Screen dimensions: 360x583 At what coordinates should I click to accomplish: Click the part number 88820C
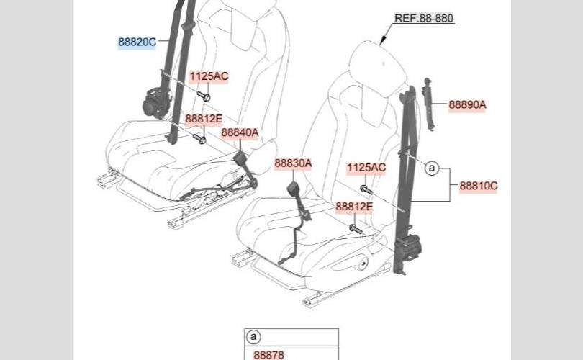[137, 42]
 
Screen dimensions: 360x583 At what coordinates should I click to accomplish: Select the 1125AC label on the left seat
[209, 76]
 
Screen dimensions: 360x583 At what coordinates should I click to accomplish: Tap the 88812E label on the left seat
[204, 120]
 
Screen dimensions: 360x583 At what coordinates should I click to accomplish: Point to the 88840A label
[240, 132]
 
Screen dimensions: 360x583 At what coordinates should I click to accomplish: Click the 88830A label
[293, 163]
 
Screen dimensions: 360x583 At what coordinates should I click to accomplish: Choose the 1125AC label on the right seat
[366, 168]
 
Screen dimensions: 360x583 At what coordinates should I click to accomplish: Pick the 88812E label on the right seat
[355, 207]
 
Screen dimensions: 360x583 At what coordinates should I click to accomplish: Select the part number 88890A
[467, 104]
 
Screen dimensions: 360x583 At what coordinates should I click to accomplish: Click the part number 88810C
[479, 186]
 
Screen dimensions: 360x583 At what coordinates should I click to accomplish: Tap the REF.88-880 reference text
[424, 18]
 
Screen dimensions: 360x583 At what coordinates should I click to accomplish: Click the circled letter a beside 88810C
[432, 168]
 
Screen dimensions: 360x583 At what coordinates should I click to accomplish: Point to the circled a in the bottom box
[253, 337]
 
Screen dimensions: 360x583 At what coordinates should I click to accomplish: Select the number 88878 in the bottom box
[269, 354]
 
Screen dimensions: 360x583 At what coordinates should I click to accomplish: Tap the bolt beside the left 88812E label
[199, 138]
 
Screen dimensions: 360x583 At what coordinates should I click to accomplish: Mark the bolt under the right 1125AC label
[365, 189]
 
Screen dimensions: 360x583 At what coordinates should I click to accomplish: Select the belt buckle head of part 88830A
[294, 190]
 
